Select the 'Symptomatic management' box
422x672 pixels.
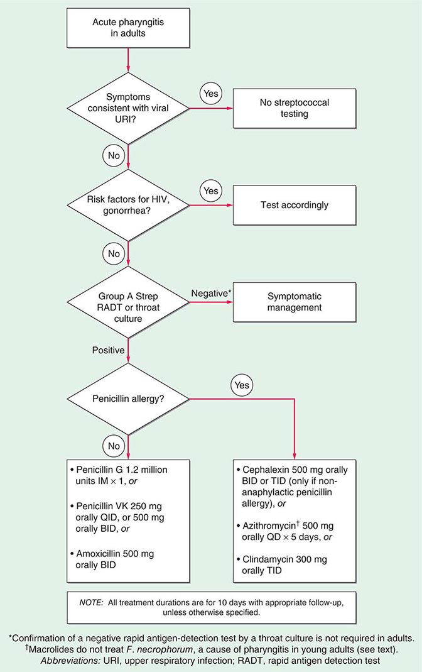[x=294, y=302]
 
